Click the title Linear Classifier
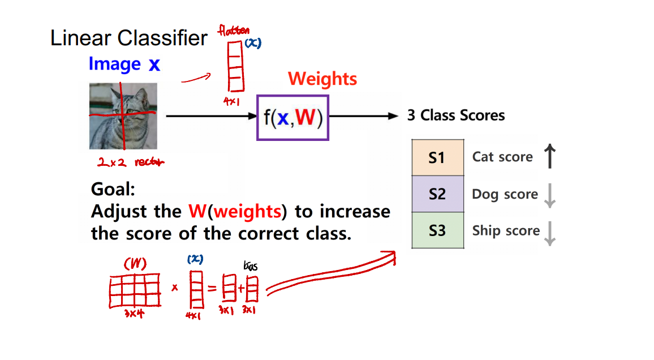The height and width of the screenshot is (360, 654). tap(129, 38)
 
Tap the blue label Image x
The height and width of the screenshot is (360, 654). tap(124, 65)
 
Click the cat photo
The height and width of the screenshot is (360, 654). tap(123, 116)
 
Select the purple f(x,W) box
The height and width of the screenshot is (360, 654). tap(292, 118)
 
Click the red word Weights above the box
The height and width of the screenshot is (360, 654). tap(322, 79)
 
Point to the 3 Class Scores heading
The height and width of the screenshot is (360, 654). tap(456, 115)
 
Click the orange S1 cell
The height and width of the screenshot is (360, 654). tap(437, 157)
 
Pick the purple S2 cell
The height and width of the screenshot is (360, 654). tap(437, 194)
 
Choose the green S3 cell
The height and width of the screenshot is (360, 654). tap(437, 230)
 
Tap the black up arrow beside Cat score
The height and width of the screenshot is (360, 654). tap(549, 156)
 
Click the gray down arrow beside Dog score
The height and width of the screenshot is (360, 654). tap(548, 195)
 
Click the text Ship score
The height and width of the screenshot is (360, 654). tap(506, 231)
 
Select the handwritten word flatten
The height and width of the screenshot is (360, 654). tap(234, 31)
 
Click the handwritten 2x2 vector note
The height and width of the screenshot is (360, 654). tap(131, 162)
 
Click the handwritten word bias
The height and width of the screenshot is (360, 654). tap(250, 266)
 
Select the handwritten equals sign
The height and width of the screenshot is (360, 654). tap(212, 289)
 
